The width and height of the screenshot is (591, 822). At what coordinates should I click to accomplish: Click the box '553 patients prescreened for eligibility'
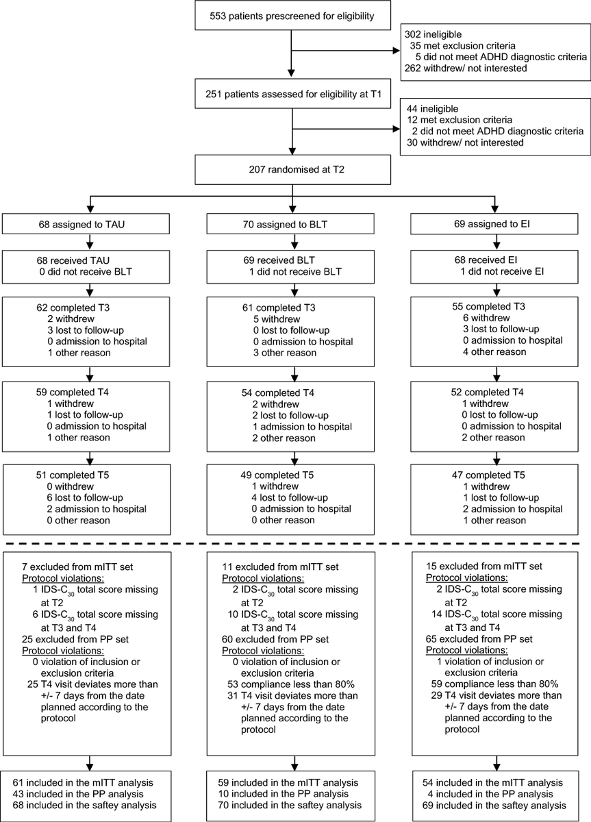tap(292, 15)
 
